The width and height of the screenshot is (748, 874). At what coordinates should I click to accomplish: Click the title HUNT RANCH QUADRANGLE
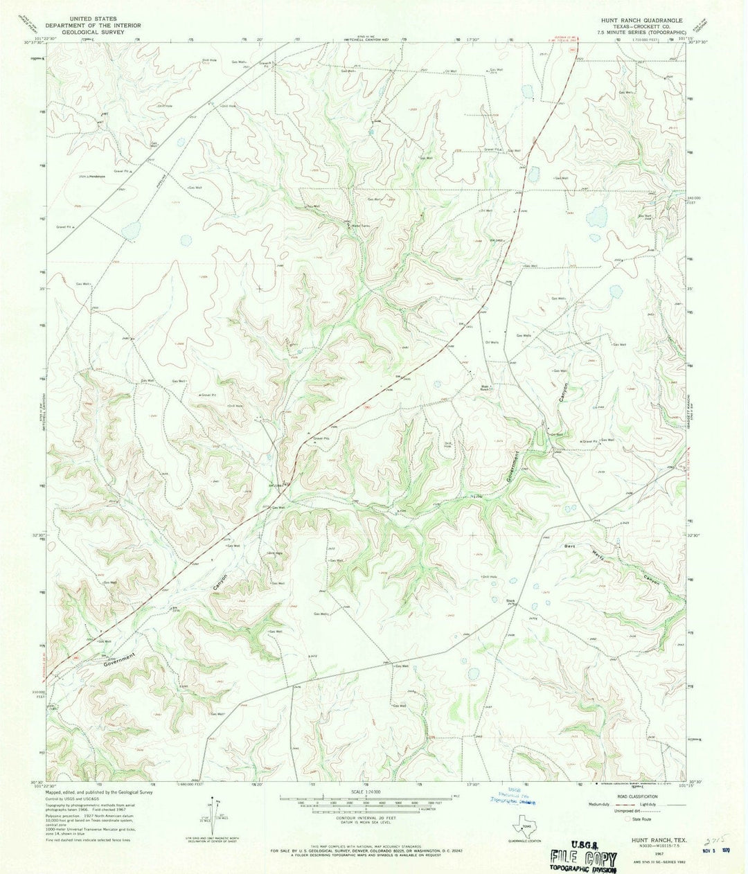(643, 21)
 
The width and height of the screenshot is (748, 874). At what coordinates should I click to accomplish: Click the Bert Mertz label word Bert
(570, 546)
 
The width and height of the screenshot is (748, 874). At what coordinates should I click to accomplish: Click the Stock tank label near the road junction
(511, 600)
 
